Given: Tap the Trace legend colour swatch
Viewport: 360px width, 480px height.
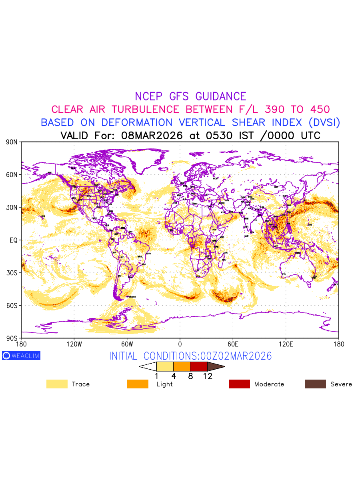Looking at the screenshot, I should point(57,384).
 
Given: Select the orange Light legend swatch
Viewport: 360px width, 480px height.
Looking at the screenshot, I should point(138,384).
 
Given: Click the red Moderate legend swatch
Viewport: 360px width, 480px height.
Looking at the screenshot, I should point(239,384).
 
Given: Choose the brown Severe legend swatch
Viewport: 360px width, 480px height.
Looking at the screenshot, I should point(315,384).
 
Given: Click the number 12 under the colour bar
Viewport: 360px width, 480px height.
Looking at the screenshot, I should point(207,376).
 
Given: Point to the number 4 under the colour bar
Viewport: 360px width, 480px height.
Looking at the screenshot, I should point(174,376).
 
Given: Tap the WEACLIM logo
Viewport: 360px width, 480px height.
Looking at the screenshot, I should point(21,356).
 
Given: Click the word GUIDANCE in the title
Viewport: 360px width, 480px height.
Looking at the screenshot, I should point(221,96).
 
